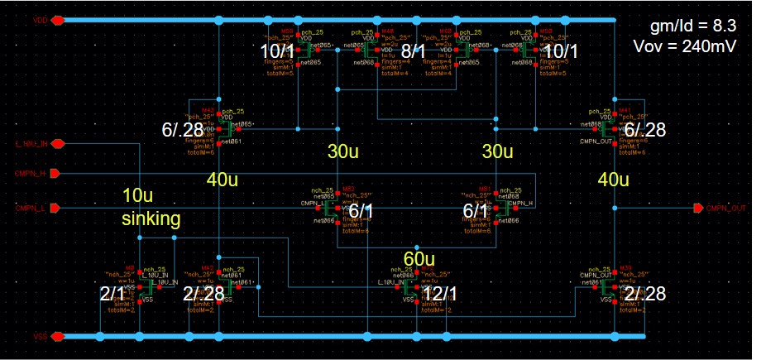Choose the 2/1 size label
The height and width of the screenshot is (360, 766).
coord(115,294)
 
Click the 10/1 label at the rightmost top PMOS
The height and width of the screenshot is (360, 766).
coord(563,52)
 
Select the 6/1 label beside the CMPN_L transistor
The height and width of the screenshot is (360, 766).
coord(361,213)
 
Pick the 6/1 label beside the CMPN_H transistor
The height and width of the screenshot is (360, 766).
coord(476,213)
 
